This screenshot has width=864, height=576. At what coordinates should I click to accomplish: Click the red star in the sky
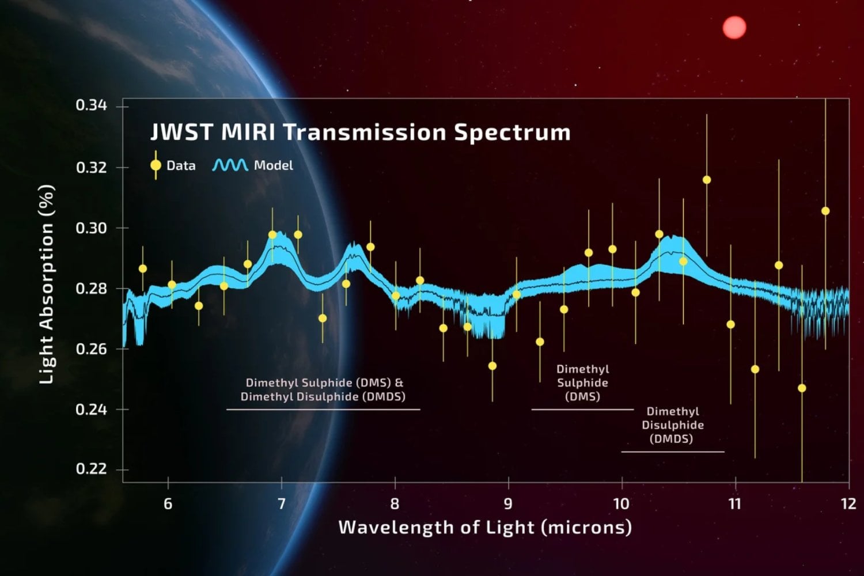coord(734,28)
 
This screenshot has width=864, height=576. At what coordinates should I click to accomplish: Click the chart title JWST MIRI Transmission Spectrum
coord(361,132)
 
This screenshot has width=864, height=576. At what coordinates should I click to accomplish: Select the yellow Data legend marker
coord(156,165)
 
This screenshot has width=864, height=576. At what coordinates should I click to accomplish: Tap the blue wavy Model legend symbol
coord(230,165)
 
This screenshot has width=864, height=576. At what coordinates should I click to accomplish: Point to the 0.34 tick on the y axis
coord(92,105)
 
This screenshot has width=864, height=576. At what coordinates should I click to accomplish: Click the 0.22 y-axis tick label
coord(92,469)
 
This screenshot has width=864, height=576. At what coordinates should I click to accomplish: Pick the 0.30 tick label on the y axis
coord(92,228)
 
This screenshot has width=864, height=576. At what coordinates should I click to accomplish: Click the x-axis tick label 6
coord(168,504)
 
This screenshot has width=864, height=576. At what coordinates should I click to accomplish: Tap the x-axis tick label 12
coord(848,504)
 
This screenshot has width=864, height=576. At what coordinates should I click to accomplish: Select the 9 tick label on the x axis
coord(508,504)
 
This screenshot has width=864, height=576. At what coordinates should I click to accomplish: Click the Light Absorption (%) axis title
coord(47,285)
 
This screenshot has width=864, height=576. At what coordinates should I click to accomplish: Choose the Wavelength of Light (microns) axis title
coord(485,527)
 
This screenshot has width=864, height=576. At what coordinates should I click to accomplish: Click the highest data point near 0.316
coord(707,180)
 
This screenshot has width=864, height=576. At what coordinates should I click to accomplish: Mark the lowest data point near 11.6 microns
coord(802,388)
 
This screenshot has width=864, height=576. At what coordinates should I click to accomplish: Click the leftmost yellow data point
coord(143,268)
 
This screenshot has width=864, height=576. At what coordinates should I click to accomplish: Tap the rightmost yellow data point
coord(825,211)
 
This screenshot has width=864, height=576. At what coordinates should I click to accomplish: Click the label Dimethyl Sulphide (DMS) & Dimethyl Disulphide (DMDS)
coord(324,389)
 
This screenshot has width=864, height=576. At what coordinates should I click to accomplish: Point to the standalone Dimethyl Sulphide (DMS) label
coord(582,382)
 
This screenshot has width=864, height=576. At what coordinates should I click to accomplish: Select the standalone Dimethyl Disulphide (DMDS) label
coord(673,425)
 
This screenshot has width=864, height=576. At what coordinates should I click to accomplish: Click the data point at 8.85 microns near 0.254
coord(492,366)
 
